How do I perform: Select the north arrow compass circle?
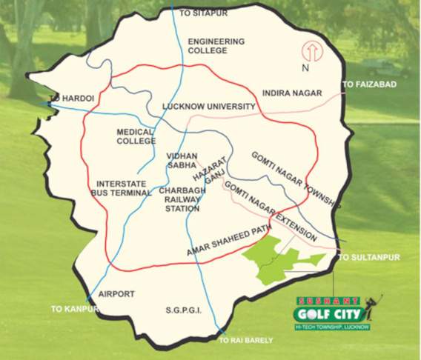tap(311, 53)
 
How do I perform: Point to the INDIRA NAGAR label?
tap(290, 93)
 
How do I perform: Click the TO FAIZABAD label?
tap(369, 85)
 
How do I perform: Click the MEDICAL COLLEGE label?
tap(135, 136)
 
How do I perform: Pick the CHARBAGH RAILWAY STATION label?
tap(180, 199)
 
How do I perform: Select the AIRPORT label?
tap(116, 294)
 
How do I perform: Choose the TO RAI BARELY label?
tap(245, 340)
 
